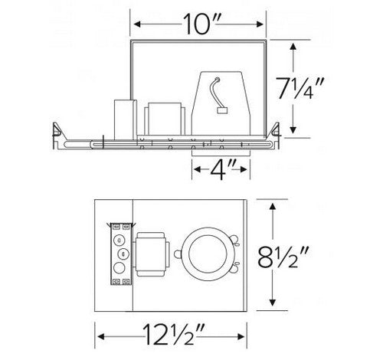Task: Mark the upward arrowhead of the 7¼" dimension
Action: pos(293,47)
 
